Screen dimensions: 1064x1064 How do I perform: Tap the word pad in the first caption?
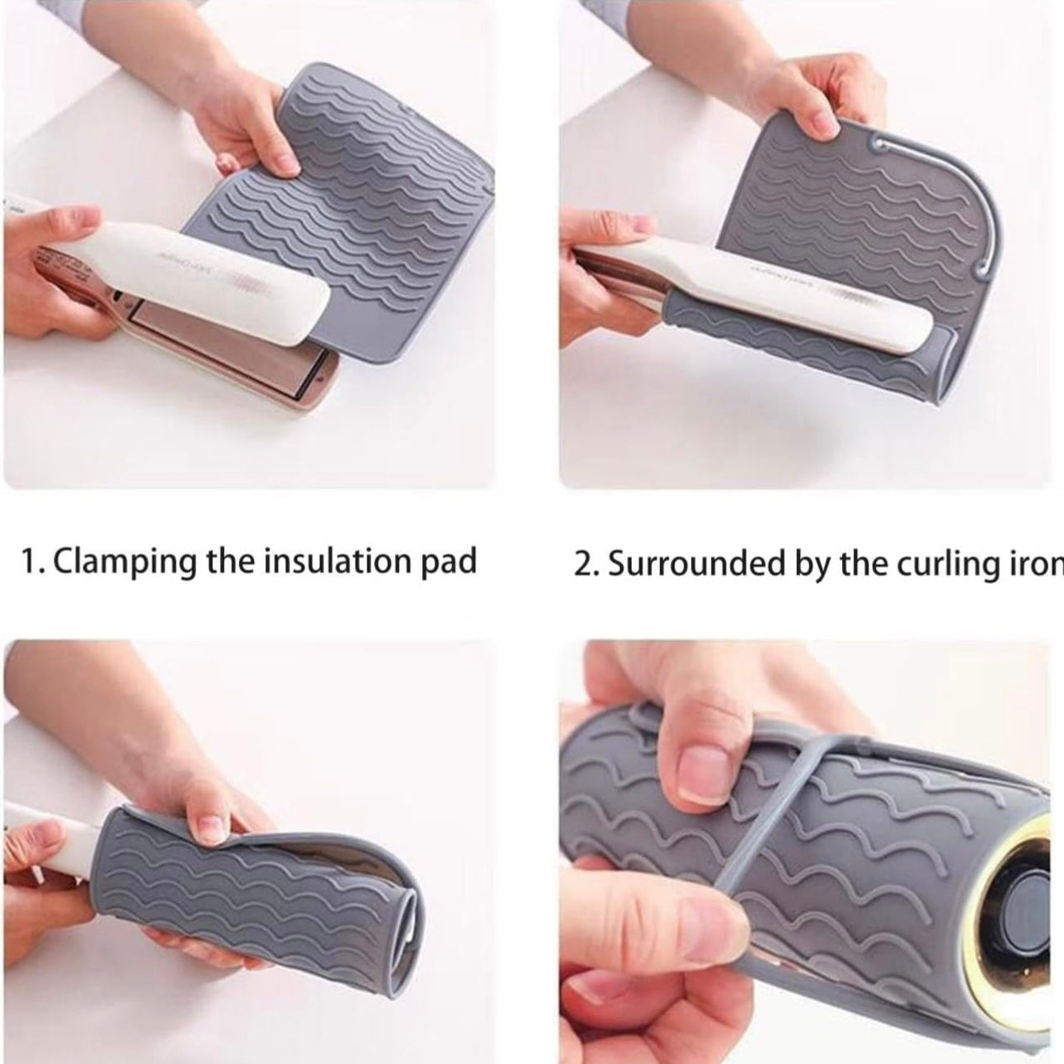[x=453, y=563]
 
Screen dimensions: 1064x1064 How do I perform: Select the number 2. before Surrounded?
[x=586, y=566]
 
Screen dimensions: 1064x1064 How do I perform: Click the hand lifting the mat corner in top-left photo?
[x=239, y=124]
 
